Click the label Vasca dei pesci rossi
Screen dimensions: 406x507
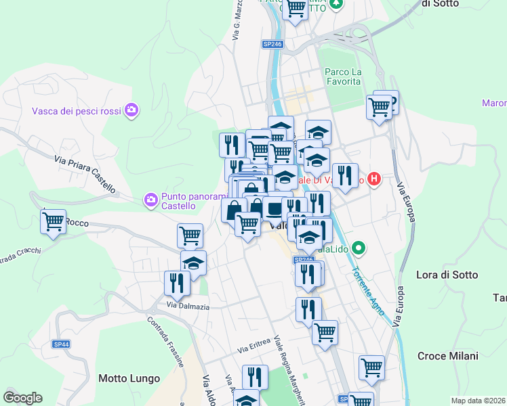[x=76, y=110]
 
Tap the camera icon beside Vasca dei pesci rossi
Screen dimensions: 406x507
[x=131, y=110]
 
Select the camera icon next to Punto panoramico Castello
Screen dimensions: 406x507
[x=150, y=200]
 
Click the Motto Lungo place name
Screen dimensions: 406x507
[x=129, y=378]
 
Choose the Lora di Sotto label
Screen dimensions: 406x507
[x=447, y=275]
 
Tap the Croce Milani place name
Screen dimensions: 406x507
[x=447, y=356]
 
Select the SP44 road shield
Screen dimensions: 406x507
[x=61, y=344]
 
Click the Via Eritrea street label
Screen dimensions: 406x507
[x=254, y=348]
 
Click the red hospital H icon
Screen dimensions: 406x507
[x=374, y=180]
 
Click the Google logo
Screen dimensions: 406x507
[x=22, y=398]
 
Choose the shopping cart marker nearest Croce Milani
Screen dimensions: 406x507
[x=371, y=367]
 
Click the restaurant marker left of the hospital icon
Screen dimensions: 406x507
[x=345, y=175]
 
